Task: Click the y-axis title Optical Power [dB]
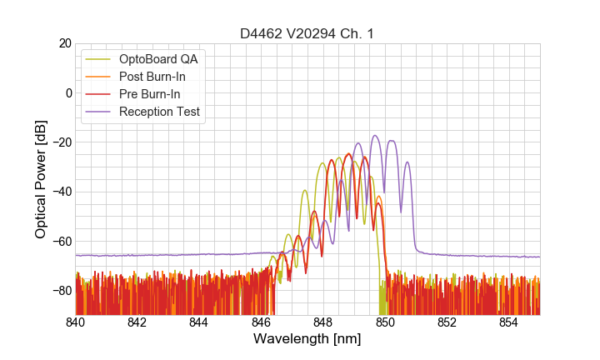pos(41,179)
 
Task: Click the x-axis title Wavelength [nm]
pos(307,339)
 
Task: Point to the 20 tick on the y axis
pos(63,43)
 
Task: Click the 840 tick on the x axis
pos(76,322)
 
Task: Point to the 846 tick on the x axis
pos(261,322)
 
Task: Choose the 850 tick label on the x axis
pos(385,322)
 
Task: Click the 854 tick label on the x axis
pos(508,322)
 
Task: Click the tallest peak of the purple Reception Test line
pos(375,135)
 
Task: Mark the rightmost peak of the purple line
pos(407,162)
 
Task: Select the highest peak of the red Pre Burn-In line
pos(348,154)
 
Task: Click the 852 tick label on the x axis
pos(447,322)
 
